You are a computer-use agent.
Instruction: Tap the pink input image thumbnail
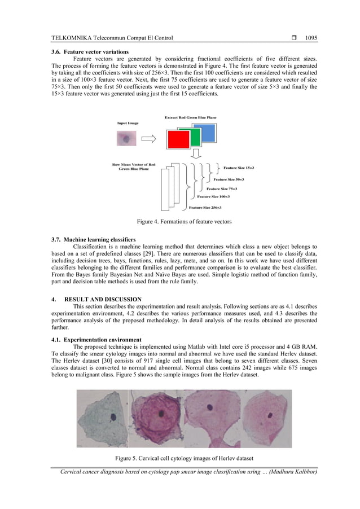tap(126, 138)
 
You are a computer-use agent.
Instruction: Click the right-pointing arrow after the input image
tap(148, 138)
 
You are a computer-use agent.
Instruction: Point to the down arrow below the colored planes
tap(194, 155)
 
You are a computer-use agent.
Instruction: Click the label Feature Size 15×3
tap(239, 168)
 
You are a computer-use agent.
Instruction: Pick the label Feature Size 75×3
tap(222, 188)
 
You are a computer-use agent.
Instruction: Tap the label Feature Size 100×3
tap(213, 197)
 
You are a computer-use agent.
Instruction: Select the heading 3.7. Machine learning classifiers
tap(93, 240)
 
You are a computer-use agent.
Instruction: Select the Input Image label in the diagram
tap(128, 122)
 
